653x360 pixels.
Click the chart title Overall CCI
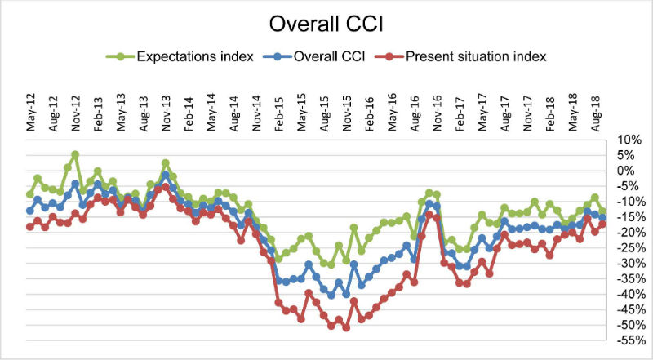coord(326,24)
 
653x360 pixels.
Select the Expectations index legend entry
coord(180,56)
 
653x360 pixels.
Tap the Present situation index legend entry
coord(461,56)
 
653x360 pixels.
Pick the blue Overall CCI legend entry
coord(314,56)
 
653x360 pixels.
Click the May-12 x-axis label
coord(31,113)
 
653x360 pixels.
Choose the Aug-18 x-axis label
coord(596,113)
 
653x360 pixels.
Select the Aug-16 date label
coord(415,113)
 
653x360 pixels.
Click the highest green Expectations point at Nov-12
coord(75,154)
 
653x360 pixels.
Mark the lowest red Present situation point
coord(346,328)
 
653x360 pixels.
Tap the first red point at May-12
coord(29,227)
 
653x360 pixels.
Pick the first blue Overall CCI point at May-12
coord(29,211)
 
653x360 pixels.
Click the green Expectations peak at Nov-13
coord(166,163)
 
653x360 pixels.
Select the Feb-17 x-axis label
coord(460,113)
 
